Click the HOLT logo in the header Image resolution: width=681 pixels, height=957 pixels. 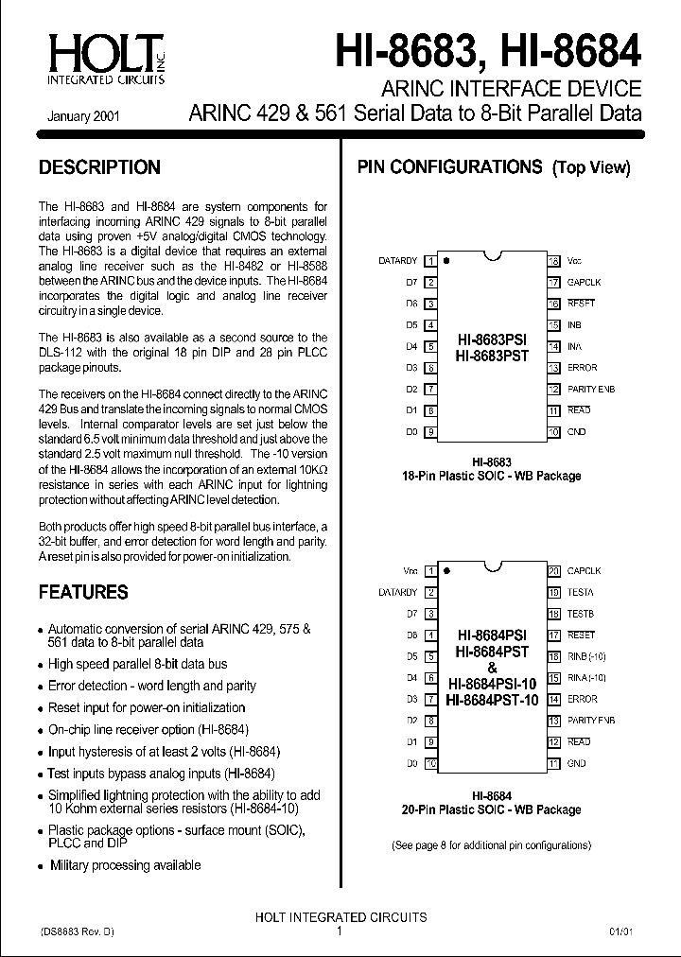coord(103,57)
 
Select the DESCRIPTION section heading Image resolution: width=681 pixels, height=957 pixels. coord(99,168)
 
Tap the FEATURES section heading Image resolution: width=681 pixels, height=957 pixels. coord(83,593)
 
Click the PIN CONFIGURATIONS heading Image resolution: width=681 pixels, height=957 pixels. coord(448,168)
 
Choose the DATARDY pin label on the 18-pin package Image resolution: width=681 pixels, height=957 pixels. coord(397,260)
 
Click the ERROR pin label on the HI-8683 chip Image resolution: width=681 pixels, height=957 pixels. coord(582,367)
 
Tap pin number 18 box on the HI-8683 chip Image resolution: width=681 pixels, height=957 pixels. coord(554,260)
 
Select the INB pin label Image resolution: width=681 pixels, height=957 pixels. coord(574,324)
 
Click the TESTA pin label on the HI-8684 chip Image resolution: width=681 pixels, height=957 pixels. coord(580,593)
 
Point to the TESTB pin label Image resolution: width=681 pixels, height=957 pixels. coord(580,614)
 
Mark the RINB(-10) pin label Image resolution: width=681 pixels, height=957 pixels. coord(586,656)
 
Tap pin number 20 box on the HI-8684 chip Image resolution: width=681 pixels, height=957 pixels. coord(554,571)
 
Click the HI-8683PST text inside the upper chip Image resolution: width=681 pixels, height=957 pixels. coord(492,356)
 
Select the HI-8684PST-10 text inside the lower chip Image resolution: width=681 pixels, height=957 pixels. coord(492,700)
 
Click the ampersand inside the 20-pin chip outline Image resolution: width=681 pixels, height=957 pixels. coord(492,668)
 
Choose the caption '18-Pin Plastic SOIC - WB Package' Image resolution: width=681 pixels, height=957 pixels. coord(492,477)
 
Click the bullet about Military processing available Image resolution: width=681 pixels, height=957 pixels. coord(125,864)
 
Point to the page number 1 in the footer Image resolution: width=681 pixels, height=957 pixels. coord(340,931)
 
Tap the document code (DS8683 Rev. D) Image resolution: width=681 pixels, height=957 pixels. coord(78,931)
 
